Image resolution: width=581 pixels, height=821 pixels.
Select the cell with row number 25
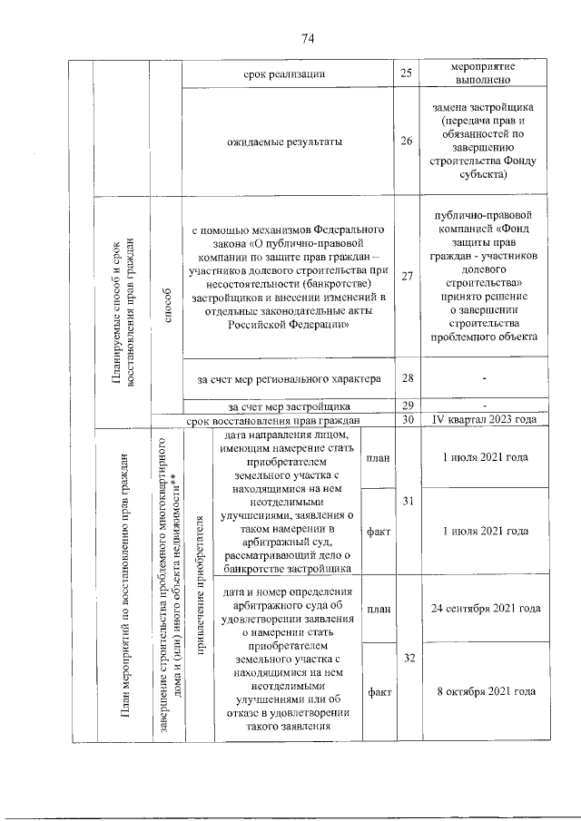(406, 73)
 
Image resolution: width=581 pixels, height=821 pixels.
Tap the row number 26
(406, 141)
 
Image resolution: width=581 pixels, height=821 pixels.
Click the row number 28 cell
(406, 376)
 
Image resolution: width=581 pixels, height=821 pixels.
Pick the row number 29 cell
(406, 406)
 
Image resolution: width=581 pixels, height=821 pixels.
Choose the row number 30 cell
(406, 419)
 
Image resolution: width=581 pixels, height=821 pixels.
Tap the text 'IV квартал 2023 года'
(485, 419)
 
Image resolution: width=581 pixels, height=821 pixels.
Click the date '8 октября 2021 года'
(485, 691)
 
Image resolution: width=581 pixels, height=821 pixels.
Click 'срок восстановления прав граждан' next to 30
(273, 420)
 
